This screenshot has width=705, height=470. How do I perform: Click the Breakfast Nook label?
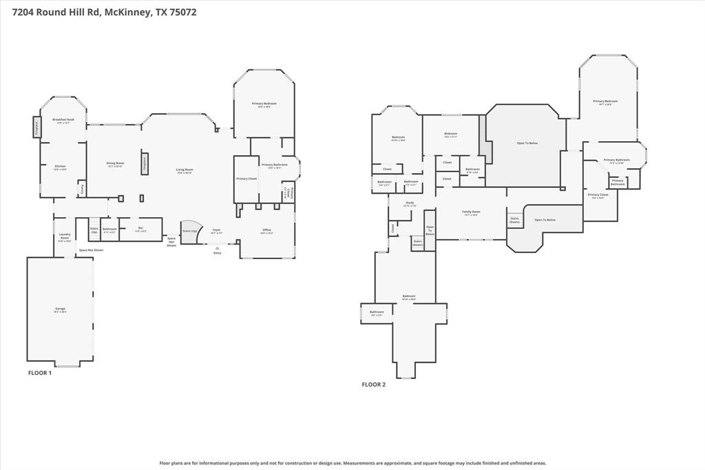point(63,121)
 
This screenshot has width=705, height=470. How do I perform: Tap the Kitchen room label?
point(61,167)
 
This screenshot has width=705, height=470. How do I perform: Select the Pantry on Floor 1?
point(81,187)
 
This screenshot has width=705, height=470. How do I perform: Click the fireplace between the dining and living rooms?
point(145,162)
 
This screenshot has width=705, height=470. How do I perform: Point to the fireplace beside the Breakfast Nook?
point(36,127)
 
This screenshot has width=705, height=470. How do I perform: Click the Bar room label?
point(140,229)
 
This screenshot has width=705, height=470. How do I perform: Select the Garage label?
point(61,309)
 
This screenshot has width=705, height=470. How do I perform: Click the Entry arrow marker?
point(218,247)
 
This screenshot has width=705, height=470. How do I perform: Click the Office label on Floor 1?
point(266,231)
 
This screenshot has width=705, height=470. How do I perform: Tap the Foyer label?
point(216,231)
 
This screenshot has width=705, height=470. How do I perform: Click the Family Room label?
point(471,213)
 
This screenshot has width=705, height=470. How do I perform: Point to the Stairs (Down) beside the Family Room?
point(515,221)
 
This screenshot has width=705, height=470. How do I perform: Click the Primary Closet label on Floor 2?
point(598,196)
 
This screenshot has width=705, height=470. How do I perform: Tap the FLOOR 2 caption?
point(374,385)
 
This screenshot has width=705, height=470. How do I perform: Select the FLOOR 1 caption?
point(39,373)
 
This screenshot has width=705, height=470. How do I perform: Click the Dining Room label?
point(115,164)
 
